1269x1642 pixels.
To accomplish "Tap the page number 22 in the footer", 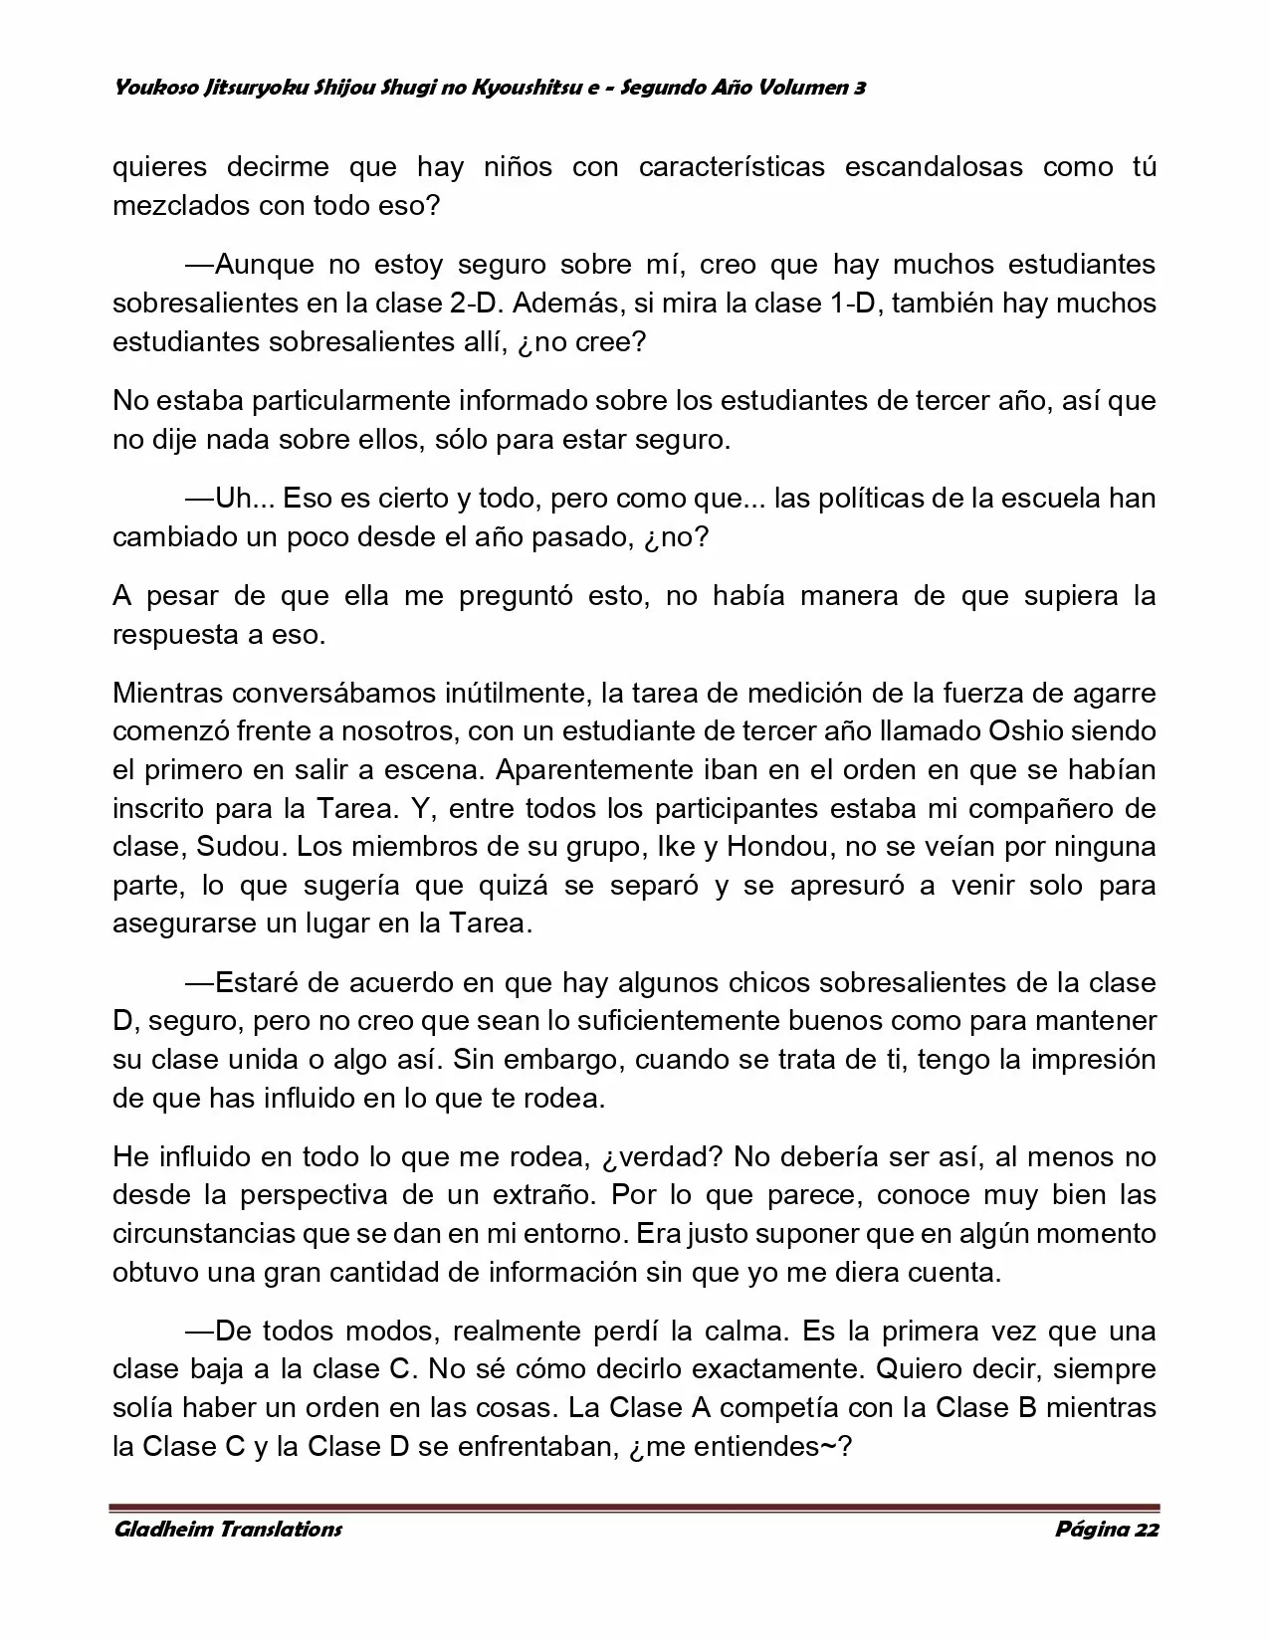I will coord(1146,1529).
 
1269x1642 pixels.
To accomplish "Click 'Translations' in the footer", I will coord(281,1529).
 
